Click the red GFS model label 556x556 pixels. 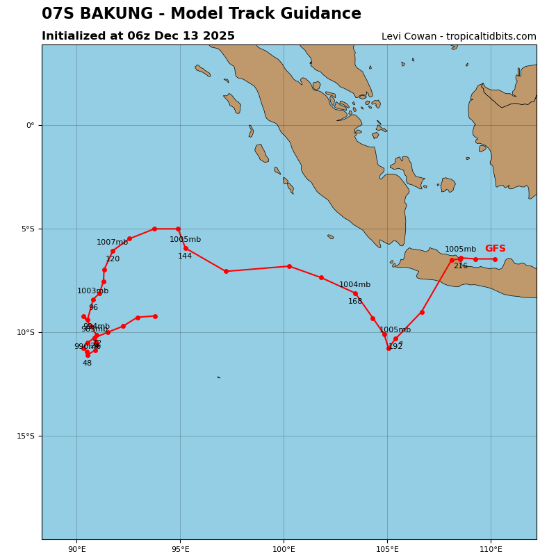click(495, 249)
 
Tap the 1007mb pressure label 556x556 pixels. click(112, 243)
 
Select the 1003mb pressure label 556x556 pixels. click(92, 291)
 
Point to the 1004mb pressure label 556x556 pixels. click(354, 285)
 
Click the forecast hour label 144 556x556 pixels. click(184, 256)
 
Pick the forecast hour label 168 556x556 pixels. click(355, 302)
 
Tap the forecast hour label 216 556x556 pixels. click(460, 266)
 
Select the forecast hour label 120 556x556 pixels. click(113, 259)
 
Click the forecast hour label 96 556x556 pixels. click(93, 308)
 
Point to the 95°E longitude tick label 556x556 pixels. click(180, 550)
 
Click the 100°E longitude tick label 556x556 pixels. click(284, 550)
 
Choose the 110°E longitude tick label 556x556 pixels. click(491, 550)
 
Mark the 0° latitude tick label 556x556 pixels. click(30, 126)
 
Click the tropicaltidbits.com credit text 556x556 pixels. click(486, 37)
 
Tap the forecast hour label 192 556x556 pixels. click(395, 347)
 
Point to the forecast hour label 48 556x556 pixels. click(87, 363)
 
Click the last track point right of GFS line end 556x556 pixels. click(495, 259)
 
